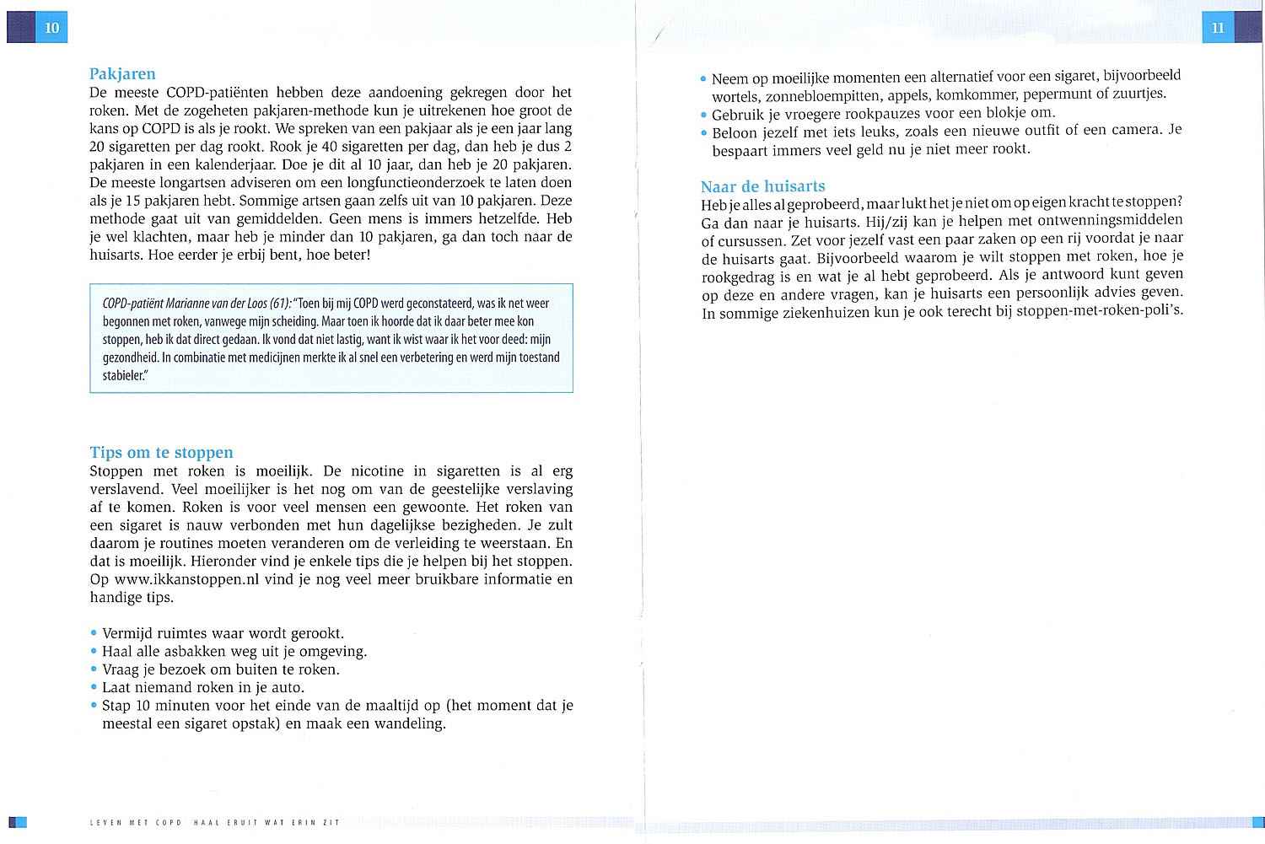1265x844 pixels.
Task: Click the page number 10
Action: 52,28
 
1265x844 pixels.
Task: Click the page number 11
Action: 1217,28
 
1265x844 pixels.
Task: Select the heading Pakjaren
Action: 122,74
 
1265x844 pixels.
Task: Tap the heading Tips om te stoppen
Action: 161,453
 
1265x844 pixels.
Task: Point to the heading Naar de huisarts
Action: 762,186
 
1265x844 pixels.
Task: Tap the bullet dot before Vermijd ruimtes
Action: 94,633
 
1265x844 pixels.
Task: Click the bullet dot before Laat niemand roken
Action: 94,688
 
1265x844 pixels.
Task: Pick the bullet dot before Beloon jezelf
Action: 703,132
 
